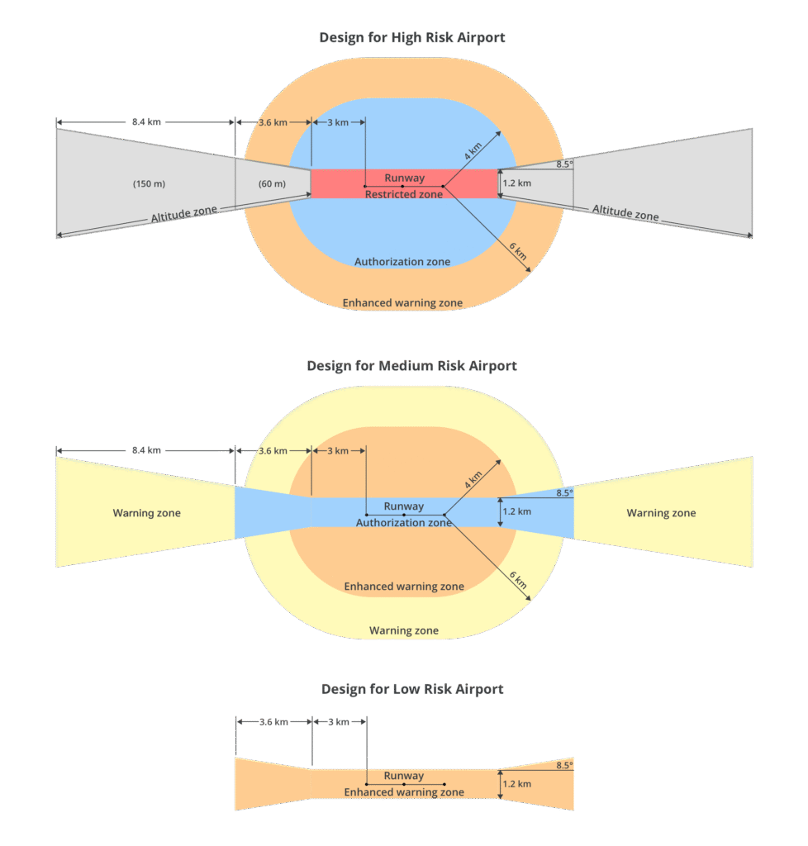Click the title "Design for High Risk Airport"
[x=412, y=38]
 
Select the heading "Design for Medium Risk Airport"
[x=411, y=365]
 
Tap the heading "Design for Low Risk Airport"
[x=412, y=689]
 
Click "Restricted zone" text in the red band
[x=404, y=194]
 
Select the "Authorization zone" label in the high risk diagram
[x=402, y=262]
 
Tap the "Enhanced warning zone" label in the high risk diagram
[x=402, y=303]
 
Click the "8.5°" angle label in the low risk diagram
[x=564, y=765]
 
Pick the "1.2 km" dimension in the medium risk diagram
[x=517, y=511]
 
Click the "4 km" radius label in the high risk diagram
[x=473, y=151]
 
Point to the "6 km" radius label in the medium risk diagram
[x=519, y=582]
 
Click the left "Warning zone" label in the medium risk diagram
[x=146, y=513]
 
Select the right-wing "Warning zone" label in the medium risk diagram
[x=661, y=513]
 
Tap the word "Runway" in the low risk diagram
[x=404, y=776]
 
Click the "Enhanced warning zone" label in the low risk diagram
[x=404, y=792]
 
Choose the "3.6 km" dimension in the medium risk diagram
[x=273, y=451]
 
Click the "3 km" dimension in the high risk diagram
[x=337, y=122]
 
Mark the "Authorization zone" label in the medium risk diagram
[x=404, y=523]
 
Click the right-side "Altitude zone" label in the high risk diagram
[x=625, y=213]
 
